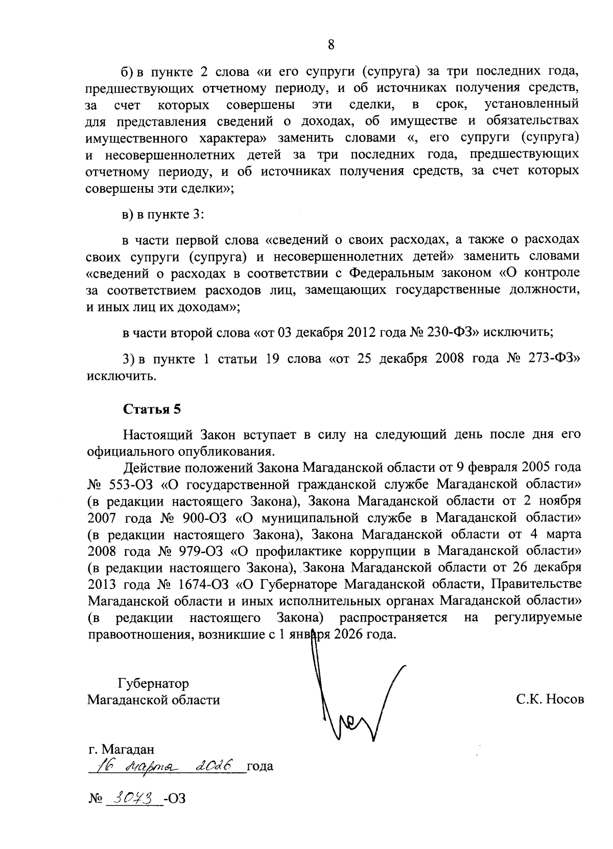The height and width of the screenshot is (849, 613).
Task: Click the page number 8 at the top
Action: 331,45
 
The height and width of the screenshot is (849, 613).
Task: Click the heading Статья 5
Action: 152,409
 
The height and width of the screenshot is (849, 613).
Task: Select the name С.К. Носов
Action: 550,699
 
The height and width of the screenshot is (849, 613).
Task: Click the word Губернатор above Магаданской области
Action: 153,683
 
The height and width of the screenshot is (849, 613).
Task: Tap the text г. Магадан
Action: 121,749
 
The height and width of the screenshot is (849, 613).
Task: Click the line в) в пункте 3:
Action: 163,215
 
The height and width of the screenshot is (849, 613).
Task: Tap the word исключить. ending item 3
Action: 122,377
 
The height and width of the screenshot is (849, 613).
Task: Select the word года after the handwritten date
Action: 260,767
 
